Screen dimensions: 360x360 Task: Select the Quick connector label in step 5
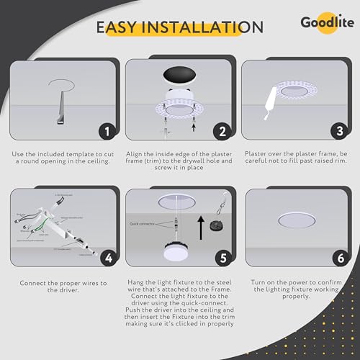tap(144, 222)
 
